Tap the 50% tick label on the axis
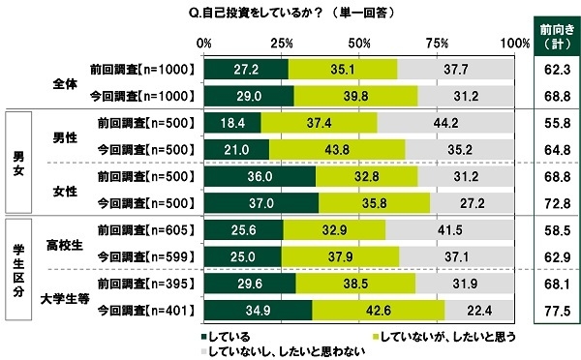coord(358,44)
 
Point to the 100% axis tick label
coord(512,44)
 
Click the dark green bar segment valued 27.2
coord(246,70)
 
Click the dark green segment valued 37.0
coord(261,202)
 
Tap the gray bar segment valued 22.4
coord(479,310)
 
